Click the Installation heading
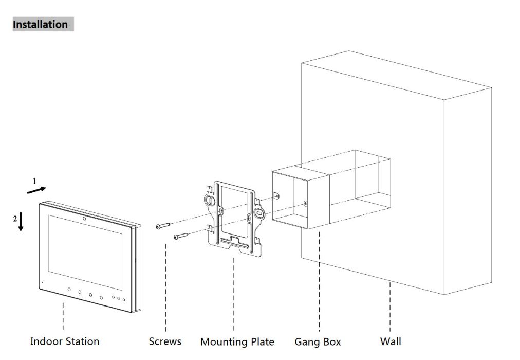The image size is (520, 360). point(40,24)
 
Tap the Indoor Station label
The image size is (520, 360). point(65,341)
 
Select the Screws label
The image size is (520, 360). point(165,341)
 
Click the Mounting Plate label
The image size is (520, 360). point(237,342)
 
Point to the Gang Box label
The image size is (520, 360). point(318,342)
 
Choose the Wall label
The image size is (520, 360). point(391,341)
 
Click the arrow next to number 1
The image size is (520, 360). point(36,190)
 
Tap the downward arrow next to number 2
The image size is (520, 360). point(21,221)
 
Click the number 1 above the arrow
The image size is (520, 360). point(34,181)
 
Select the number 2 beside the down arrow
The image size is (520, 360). point(15,219)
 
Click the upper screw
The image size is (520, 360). point(163,226)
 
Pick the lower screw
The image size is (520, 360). point(180,236)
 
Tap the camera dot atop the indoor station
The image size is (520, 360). point(84,219)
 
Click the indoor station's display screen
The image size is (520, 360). point(85,247)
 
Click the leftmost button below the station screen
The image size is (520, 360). point(69,290)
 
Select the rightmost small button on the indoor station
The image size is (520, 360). point(124,300)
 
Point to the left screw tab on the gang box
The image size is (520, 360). point(276,196)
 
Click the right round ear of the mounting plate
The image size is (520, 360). point(259,213)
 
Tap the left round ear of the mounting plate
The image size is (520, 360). point(210,200)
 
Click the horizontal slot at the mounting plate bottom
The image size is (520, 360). point(234,243)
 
